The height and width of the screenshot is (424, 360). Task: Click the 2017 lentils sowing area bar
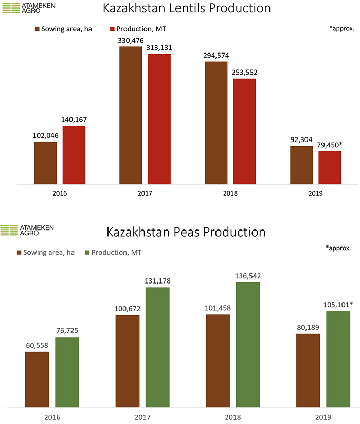(x=131, y=115)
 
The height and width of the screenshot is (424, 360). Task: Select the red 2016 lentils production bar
(x=74, y=155)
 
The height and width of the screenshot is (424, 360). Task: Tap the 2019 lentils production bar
(x=330, y=167)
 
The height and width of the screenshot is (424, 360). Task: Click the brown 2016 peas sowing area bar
(x=37, y=378)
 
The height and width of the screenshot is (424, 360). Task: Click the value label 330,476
(x=131, y=40)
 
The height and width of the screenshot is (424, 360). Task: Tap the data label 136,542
(x=248, y=276)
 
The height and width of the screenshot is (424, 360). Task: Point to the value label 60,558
(x=37, y=345)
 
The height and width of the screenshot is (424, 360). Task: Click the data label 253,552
(x=244, y=72)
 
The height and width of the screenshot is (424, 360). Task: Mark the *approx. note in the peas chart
(x=338, y=248)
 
